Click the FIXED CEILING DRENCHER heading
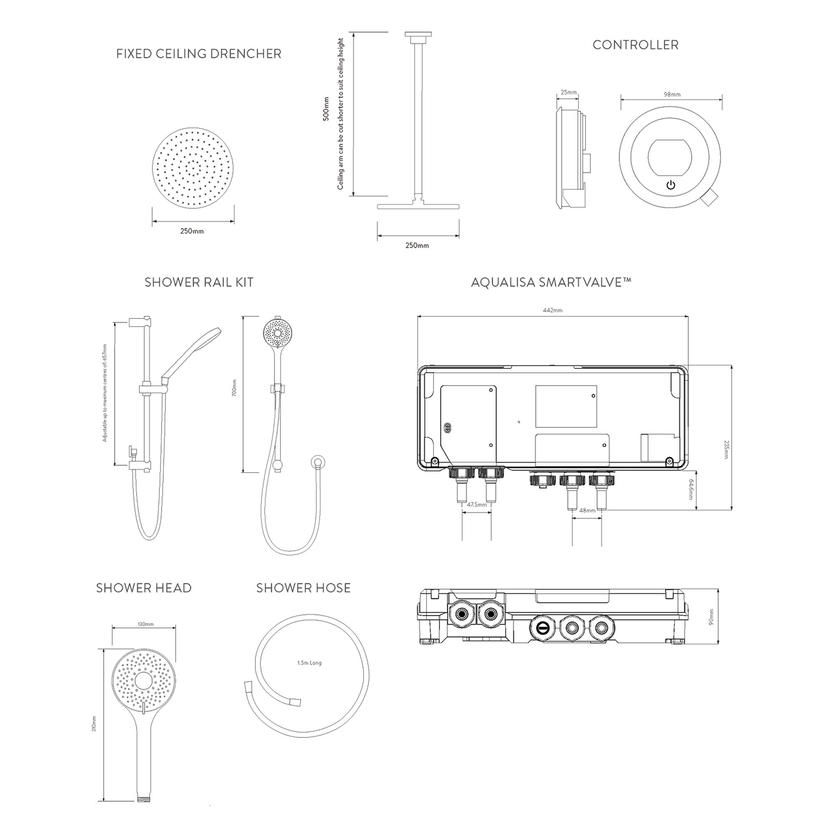198,54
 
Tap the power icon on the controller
671,185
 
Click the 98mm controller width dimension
672,94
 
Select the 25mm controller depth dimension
568,92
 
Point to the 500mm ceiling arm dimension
326,109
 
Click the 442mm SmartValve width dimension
552,310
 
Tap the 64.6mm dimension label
691,489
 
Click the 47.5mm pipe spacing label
477,504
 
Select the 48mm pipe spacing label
587,511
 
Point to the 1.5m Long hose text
309,663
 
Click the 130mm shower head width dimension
146,624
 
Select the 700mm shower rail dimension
234,388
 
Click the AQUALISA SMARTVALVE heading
551,282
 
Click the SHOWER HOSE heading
303,588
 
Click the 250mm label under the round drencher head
192,231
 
